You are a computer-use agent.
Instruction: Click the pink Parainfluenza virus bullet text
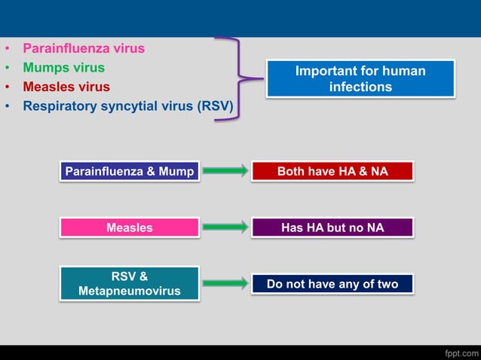tap(84, 48)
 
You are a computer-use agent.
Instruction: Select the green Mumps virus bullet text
tap(63, 68)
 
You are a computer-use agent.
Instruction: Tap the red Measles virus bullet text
tap(66, 87)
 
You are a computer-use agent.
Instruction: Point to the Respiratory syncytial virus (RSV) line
tap(127, 106)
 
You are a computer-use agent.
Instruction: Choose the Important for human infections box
tap(360, 79)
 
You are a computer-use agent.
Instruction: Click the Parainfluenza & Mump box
tap(130, 172)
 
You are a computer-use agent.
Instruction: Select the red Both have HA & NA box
tap(332, 172)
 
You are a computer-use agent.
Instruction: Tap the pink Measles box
tap(130, 227)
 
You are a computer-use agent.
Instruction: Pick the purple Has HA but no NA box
tap(332, 227)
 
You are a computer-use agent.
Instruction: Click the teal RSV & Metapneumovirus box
tap(130, 283)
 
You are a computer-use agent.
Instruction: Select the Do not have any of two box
tap(332, 284)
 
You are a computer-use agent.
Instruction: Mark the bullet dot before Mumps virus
tap(8, 69)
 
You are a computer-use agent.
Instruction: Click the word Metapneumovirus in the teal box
tap(130, 291)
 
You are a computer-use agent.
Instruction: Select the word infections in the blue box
tap(360, 87)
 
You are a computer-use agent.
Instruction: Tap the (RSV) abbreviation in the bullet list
tap(215, 106)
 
